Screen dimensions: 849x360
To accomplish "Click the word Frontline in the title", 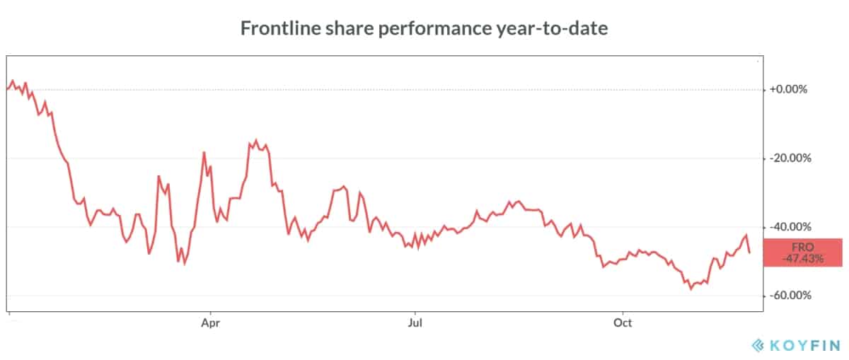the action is pos(280,28).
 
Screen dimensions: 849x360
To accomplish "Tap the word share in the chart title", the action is pos(350,28).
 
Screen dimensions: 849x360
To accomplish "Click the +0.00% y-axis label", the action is pos(788,89).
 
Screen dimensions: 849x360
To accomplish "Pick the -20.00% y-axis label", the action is pos(790,158).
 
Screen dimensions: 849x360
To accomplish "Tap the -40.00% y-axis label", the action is pos(790,227).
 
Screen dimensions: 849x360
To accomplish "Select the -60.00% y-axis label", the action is pos(790,295).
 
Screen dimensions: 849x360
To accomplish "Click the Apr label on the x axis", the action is pos(210,323).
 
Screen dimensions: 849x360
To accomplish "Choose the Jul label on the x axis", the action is pos(415,323).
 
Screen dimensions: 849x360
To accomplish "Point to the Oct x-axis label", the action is pos(623,323).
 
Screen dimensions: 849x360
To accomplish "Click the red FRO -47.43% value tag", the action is pos(803,252).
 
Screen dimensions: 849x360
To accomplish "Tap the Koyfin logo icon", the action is pos(758,345).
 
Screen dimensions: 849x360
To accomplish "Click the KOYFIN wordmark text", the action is pos(805,345).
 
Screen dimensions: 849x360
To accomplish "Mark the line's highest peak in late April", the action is pos(256,140).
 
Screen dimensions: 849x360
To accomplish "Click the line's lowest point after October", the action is pos(691,289).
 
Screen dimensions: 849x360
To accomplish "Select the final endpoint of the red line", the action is pos(749,252).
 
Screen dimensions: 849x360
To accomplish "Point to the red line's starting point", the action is pos(7,89).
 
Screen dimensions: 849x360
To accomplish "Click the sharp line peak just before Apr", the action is pos(204,152).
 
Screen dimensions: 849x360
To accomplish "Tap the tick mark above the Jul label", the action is pos(415,313).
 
